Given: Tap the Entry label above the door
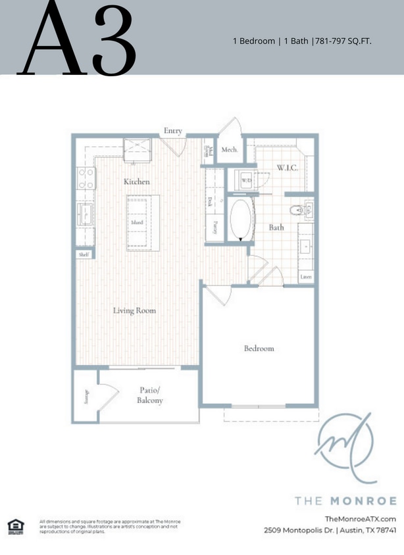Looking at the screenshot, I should click(x=173, y=131).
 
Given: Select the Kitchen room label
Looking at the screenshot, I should click(x=137, y=181).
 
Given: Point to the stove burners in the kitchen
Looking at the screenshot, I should click(x=86, y=178).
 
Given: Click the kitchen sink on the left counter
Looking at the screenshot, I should click(x=85, y=212).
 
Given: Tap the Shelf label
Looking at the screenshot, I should click(x=84, y=254).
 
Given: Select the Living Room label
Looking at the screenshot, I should click(x=134, y=310).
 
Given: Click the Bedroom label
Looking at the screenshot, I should click(x=259, y=348).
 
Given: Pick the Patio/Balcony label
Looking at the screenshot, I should click(x=150, y=395).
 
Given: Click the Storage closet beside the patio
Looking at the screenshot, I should click(x=86, y=397).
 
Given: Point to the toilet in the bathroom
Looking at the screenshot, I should click(x=297, y=210).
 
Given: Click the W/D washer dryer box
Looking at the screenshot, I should click(x=245, y=180).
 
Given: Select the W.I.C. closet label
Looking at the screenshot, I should click(x=287, y=168).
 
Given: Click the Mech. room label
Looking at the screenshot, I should click(x=229, y=150).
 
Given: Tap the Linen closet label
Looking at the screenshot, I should click(x=306, y=277).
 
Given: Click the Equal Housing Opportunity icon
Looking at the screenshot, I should click(x=14, y=525).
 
